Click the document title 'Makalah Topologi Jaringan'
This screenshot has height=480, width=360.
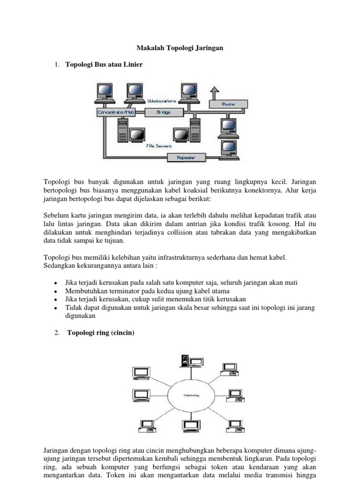click(x=180, y=48)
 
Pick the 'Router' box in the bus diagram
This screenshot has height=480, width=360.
click(x=228, y=104)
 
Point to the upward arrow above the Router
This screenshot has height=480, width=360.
click(x=214, y=92)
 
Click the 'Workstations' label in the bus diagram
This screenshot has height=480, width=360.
click(x=162, y=101)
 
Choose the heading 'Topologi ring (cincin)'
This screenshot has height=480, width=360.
click(x=100, y=333)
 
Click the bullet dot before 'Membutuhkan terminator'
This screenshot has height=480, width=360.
click(x=56, y=292)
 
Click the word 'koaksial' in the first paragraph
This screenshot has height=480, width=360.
click(x=210, y=190)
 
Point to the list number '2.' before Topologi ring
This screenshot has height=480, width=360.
click(x=57, y=333)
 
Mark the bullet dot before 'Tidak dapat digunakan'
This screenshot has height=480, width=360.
click(x=56, y=308)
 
